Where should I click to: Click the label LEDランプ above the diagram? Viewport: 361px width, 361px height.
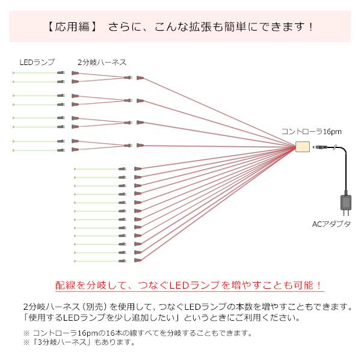tap(37, 62)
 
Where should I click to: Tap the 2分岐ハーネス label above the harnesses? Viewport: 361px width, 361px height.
tap(102, 62)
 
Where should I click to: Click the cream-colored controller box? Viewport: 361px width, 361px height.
tap(302, 147)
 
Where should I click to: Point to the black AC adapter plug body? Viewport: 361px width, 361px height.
tap(346, 200)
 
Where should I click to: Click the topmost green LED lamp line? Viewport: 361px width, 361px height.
tap(35, 72)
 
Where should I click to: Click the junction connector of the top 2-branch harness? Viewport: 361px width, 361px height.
tap(127, 78)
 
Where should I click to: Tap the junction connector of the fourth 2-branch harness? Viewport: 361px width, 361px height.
tap(127, 145)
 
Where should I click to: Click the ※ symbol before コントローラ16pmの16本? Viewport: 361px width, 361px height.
tap(26, 333)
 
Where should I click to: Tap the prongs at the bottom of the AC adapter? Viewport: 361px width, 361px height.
tap(346, 212)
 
